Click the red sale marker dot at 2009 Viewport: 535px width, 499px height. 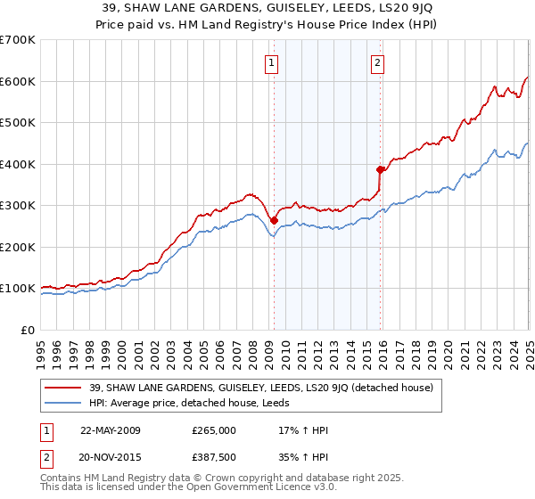(274, 221)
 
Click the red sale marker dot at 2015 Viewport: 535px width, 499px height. (380, 169)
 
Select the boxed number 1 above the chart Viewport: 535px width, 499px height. (270, 62)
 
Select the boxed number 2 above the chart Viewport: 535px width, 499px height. (378, 62)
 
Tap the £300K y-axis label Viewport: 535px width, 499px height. (18, 206)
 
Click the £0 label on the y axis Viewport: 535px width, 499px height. (27, 330)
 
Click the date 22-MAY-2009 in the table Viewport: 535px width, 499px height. (111, 430)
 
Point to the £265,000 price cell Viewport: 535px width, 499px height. (213, 430)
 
